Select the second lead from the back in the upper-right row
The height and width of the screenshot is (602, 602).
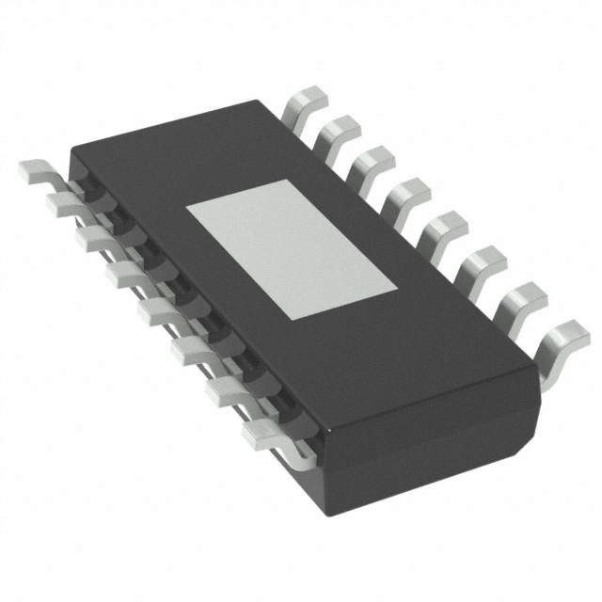pos(338,133)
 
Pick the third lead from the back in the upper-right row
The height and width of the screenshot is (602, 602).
pos(370,163)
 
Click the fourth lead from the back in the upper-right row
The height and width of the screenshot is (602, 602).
pos(405,194)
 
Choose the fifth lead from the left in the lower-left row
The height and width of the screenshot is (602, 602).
pos(156,309)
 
